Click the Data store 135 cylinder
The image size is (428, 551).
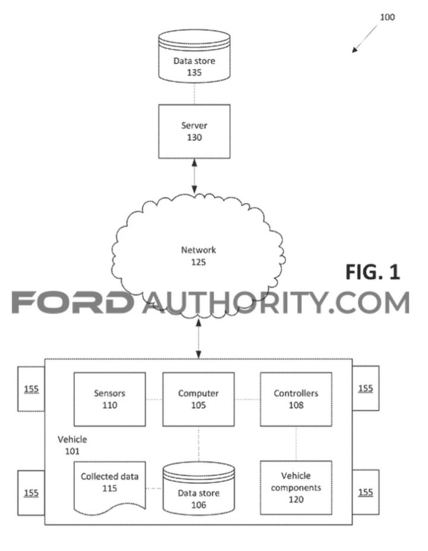click(x=194, y=56)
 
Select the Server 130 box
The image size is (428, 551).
click(x=194, y=132)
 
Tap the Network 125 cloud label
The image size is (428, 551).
click(x=199, y=256)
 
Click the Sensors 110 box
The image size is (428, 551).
click(x=109, y=399)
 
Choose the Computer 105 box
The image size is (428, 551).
click(x=199, y=399)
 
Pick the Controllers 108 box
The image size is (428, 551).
click(x=296, y=399)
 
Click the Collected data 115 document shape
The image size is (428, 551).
click(x=109, y=487)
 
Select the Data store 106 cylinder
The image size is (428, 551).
click(x=199, y=489)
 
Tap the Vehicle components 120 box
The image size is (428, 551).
click(x=296, y=488)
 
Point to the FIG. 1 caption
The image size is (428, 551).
click(x=373, y=272)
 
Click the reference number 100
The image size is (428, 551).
click(x=387, y=17)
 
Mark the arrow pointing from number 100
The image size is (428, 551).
click(x=365, y=39)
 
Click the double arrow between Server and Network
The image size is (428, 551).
click(x=194, y=176)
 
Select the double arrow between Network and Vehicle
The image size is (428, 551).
click(x=199, y=339)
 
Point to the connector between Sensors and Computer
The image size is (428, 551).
click(x=154, y=399)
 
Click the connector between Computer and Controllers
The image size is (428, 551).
click(x=247, y=399)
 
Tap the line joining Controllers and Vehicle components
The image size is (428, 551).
click(x=296, y=443)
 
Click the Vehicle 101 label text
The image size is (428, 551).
click(x=72, y=445)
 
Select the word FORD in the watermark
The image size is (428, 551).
click(x=73, y=302)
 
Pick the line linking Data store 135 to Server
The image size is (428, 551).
click(x=194, y=93)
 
